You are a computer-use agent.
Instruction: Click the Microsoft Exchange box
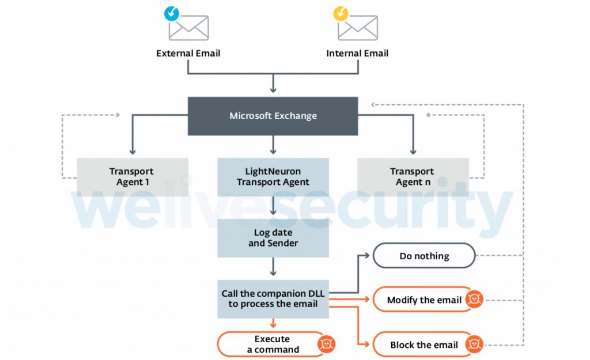coord(273,116)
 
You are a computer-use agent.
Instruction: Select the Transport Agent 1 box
coord(133,177)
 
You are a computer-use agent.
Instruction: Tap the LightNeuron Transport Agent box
coord(273,177)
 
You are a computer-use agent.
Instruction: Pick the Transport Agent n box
coord(413,177)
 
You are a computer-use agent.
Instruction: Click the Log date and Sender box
coord(273,238)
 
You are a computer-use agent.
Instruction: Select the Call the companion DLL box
coord(273,299)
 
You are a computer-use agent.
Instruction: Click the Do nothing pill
coord(424,256)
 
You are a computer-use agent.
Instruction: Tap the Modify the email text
coord(424,300)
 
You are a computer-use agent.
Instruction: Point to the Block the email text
coord(424,345)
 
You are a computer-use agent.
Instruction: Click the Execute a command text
coord(273,344)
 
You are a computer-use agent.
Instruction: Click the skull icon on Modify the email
coord(474,299)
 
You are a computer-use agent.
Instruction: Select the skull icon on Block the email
coord(474,344)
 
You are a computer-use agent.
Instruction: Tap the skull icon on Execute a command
coord(326,344)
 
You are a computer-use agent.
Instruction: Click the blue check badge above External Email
coord(172,14)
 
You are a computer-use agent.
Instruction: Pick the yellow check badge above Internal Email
coord(341,14)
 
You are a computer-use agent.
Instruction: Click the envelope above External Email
coord(188,28)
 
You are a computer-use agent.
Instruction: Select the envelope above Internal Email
coord(358,28)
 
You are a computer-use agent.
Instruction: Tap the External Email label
coord(188,54)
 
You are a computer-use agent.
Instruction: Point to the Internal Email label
coord(357,54)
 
